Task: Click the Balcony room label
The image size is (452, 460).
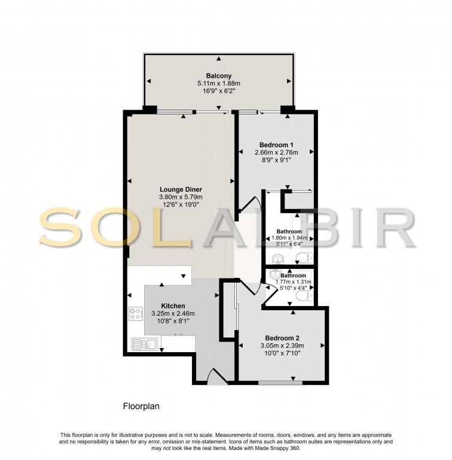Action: click(219, 75)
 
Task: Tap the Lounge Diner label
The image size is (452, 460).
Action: click(181, 189)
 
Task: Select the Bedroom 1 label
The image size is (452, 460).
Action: click(276, 144)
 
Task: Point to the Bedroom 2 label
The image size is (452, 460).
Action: click(282, 338)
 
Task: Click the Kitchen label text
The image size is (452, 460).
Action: click(173, 305)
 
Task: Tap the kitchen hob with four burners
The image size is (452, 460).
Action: click(136, 314)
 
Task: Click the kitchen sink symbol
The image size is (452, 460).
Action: click(145, 344)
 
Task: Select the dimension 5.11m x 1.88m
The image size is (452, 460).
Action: click(219, 83)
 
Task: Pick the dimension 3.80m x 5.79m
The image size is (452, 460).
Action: click(181, 197)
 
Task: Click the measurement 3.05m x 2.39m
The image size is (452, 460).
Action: click(282, 346)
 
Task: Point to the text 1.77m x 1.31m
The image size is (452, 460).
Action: click(294, 282)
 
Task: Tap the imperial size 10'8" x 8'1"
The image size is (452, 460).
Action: click(173, 321)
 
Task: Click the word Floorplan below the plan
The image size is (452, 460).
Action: click(141, 406)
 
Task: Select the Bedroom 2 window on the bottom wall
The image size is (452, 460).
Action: click(280, 383)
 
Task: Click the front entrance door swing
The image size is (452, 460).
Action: click(217, 377)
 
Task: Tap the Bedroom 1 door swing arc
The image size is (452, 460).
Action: click(250, 202)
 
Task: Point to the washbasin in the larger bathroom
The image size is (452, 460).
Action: click(277, 259)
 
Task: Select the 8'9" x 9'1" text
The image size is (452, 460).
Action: click(276, 160)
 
